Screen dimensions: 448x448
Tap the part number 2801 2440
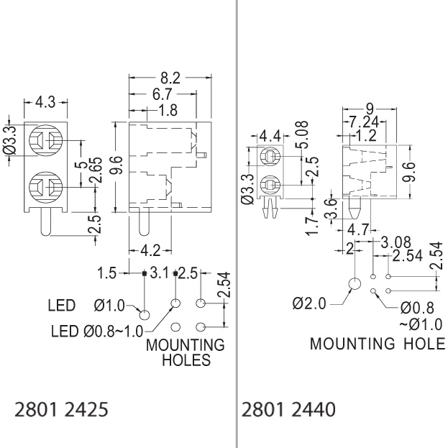click(x=288, y=410)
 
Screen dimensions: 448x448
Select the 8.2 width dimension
click(x=170, y=77)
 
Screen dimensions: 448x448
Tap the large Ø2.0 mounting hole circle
click(x=353, y=285)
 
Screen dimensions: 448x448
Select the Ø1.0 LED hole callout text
click(x=109, y=306)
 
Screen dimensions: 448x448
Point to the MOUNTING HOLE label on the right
click(x=377, y=343)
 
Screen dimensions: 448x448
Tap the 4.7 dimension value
click(x=357, y=231)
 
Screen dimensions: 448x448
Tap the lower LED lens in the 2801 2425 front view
click(x=45, y=190)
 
